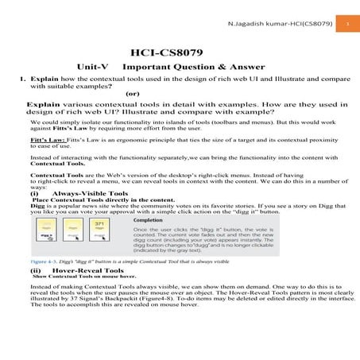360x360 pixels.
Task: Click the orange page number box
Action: (347, 24)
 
